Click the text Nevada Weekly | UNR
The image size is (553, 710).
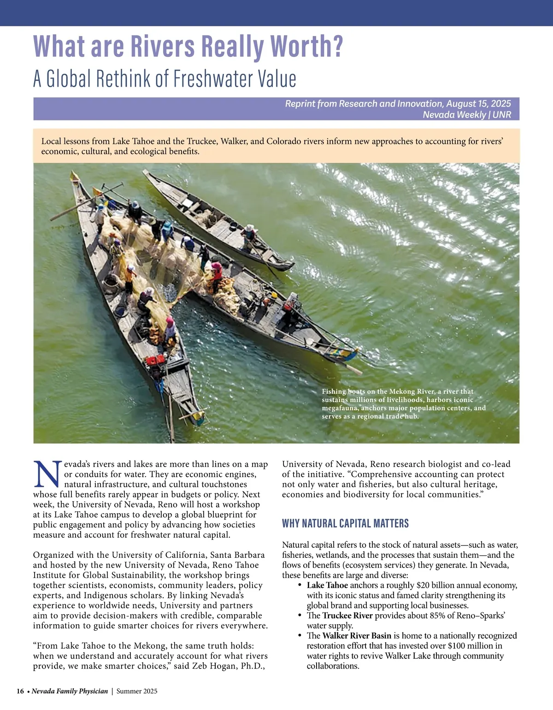click(467, 115)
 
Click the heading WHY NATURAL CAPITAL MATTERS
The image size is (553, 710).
click(345, 523)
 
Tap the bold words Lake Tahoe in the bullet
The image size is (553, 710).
click(327, 586)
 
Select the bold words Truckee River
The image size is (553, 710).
click(348, 616)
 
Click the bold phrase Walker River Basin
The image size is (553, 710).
click(357, 636)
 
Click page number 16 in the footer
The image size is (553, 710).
click(20, 691)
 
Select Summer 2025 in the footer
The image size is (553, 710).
click(137, 691)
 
